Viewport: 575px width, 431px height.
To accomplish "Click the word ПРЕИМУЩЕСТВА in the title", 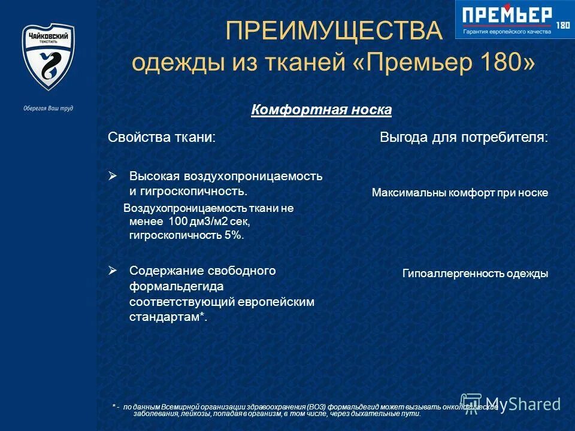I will click(x=334, y=30).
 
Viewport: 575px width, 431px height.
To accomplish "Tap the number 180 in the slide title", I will click(x=501, y=62).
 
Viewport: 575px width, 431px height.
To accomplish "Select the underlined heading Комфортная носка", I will click(x=322, y=110).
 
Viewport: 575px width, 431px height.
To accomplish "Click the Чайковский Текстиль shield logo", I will click(x=48, y=57).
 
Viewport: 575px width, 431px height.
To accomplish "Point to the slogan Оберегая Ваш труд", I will click(x=48, y=109).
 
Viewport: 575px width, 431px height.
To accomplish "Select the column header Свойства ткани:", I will click(x=162, y=138).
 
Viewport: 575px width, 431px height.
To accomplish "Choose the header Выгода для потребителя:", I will click(x=464, y=138).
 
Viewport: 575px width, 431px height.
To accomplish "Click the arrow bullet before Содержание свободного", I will click(x=112, y=270).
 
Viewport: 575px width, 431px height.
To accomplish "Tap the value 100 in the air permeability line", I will click(x=172, y=222).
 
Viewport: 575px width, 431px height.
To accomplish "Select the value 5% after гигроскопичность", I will click(x=234, y=235).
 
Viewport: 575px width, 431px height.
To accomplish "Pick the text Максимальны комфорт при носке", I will click(x=459, y=193).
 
